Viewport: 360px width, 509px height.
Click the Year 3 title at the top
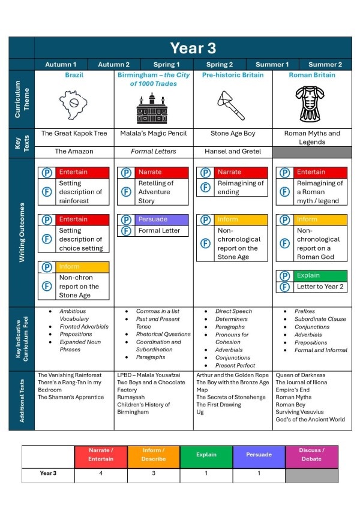coord(193,48)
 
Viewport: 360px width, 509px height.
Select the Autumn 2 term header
coord(114,64)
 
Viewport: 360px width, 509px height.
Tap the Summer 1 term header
coord(272,64)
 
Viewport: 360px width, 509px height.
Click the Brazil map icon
coord(74,104)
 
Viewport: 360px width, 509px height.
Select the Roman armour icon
coord(311,105)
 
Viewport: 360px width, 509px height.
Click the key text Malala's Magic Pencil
coord(153,133)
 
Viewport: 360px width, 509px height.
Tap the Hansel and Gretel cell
coord(232,152)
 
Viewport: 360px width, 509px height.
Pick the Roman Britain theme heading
coord(311,76)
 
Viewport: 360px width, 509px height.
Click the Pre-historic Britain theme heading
coord(232,76)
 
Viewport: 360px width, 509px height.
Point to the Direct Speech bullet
coord(233,311)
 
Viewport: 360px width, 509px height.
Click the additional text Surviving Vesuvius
coord(299,412)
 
